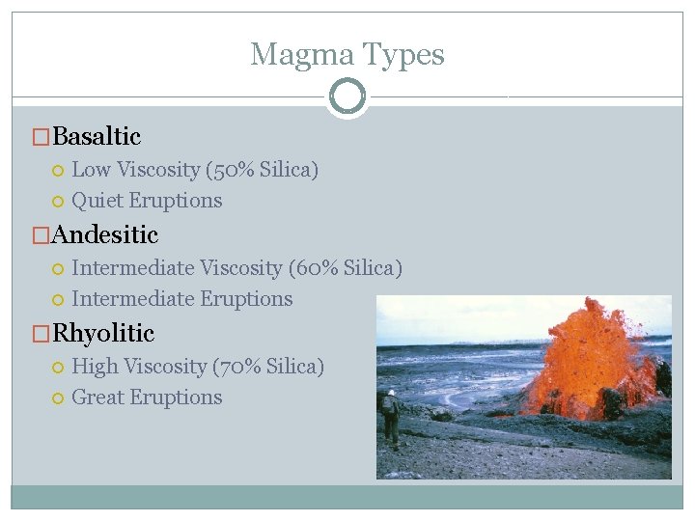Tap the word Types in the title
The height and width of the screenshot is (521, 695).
coord(400,55)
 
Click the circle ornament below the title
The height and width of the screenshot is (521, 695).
coord(347,96)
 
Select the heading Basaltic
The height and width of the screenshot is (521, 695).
coord(97,137)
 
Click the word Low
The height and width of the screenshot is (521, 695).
coord(92,170)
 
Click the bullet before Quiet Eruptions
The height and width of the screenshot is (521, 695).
coord(58,202)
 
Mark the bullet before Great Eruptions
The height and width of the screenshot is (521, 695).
coord(58,398)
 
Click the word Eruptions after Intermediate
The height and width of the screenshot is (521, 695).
coord(246,299)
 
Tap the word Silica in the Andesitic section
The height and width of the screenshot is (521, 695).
coord(369,268)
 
